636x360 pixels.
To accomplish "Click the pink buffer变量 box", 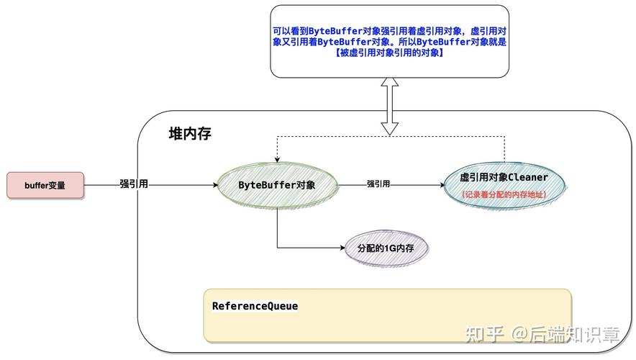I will click(45, 185).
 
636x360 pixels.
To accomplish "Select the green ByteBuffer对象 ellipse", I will click(277, 185).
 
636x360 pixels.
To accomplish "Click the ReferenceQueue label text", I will click(255, 306).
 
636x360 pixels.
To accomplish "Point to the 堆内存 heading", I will click(189, 134).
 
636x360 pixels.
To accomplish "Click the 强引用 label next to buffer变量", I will click(134, 184).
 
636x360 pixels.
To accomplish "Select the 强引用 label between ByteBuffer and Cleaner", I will click(378, 184).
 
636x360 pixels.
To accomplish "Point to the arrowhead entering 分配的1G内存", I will click(342, 248).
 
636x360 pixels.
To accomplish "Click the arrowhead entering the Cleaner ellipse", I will click(441, 185).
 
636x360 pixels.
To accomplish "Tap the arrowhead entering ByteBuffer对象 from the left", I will click(214, 185).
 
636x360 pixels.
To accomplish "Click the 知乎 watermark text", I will click(484, 334).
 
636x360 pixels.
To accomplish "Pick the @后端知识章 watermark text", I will click(565, 334).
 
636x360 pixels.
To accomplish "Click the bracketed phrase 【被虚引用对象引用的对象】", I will click(389, 53).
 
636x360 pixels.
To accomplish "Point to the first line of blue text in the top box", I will click(389, 31).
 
